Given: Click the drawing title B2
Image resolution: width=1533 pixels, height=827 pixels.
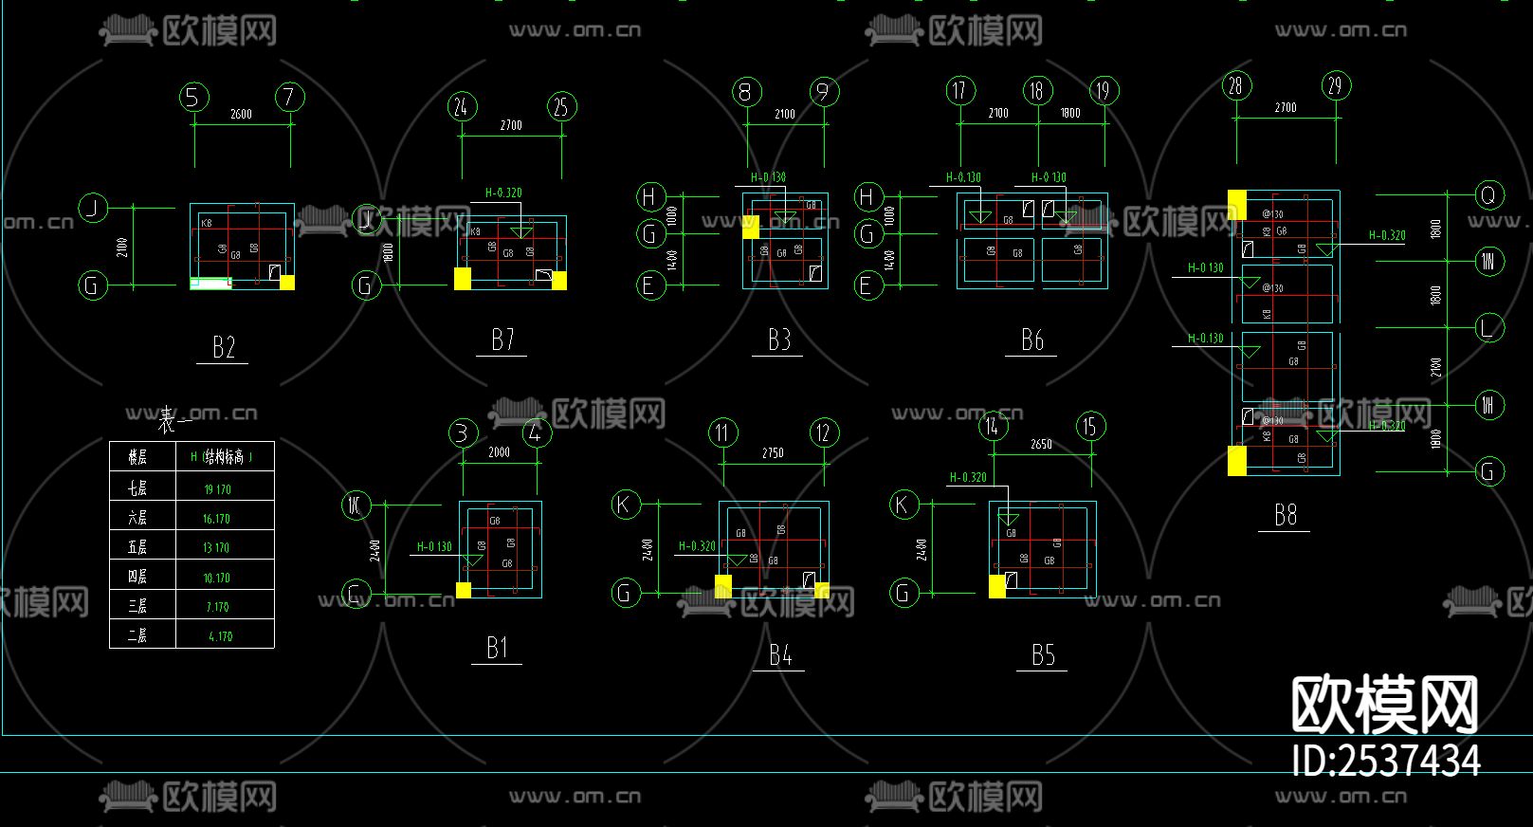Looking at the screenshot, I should pyautogui.click(x=224, y=347).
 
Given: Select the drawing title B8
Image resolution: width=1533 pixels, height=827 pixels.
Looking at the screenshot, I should pyautogui.click(x=1285, y=515).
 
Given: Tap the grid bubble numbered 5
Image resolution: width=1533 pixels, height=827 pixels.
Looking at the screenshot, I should pyautogui.click(x=193, y=97).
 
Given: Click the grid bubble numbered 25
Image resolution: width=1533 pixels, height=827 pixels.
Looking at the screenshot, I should pyautogui.click(x=561, y=106).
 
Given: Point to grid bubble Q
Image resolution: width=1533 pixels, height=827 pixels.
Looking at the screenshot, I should pyautogui.click(x=1487, y=195).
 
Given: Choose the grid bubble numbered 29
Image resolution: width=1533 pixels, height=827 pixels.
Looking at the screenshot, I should pyautogui.click(x=1335, y=86).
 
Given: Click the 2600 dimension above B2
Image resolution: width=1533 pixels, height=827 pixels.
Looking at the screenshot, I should pyautogui.click(x=241, y=114).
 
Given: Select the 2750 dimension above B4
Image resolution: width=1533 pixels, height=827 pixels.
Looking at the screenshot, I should pyautogui.click(x=773, y=453).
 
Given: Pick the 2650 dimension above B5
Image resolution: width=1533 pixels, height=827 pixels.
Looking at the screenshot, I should pyautogui.click(x=1041, y=444).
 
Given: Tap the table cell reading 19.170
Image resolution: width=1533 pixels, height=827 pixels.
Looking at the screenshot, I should pyautogui.click(x=217, y=489).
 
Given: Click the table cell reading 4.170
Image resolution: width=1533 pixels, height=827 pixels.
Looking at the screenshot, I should pyautogui.click(x=220, y=636).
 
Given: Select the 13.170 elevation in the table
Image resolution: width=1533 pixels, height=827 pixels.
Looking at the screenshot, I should pyautogui.click(x=216, y=547).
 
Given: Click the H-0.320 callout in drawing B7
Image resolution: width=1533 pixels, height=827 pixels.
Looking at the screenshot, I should pyautogui.click(x=503, y=193).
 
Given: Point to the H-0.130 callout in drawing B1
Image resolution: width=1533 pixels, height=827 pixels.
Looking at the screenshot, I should pyautogui.click(x=434, y=546).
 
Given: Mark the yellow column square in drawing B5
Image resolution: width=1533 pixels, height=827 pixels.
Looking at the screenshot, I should pyautogui.click(x=997, y=586).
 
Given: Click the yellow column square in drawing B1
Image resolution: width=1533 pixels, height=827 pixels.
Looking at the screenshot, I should pyautogui.click(x=464, y=590).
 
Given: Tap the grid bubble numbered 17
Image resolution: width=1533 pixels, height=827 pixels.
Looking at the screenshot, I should pyautogui.click(x=959, y=91).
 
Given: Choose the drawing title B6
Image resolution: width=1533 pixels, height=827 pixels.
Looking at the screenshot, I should pyautogui.click(x=1031, y=340).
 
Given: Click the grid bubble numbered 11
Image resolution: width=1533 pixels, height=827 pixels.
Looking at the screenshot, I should pyautogui.click(x=722, y=433).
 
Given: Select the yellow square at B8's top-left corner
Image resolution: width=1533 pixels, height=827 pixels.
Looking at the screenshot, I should pyautogui.click(x=1237, y=204).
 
